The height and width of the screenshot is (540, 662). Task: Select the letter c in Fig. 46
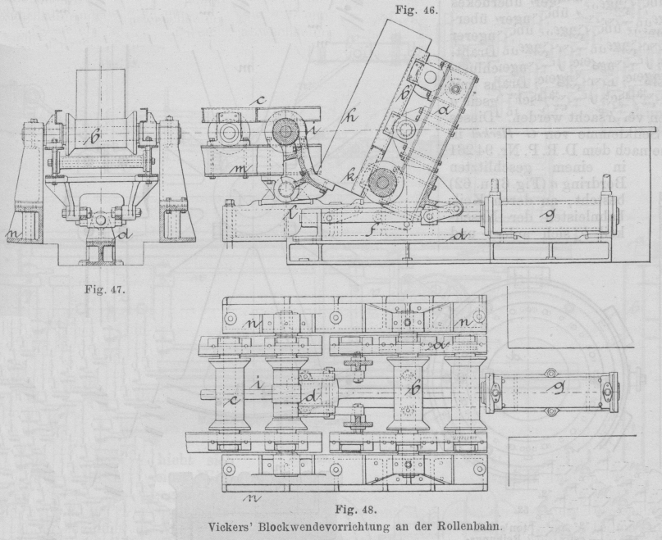[259, 101]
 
